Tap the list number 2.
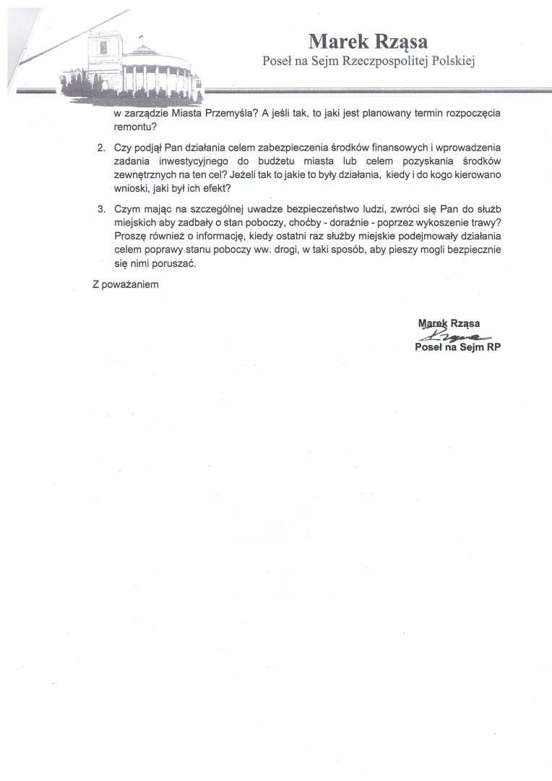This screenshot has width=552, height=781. point(101,148)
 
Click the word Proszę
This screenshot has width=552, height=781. point(129,236)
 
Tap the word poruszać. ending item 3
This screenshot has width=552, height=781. point(175,264)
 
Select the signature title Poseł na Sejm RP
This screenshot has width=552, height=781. point(458,347)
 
